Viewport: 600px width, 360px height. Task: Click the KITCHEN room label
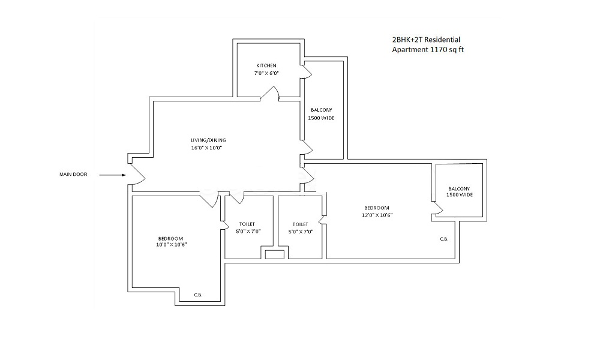[x=266, y=65]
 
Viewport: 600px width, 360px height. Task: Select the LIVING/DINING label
[x=208, y=140]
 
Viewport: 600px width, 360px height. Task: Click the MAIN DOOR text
[x=73, y=175]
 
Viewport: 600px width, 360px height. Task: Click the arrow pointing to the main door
[x=112, y=175]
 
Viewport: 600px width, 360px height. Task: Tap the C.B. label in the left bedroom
[x=198, y=295]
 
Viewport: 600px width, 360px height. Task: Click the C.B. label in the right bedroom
[x=444, y=239]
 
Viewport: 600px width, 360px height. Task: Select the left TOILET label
[x=245, y=224]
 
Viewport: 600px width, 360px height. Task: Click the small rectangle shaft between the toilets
[x=274, y=254]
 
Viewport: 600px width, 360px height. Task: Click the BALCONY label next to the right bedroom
[x=460, y=188]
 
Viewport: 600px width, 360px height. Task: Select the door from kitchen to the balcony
[x=307, y=71]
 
